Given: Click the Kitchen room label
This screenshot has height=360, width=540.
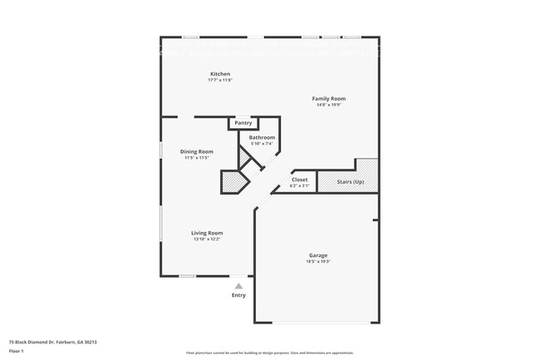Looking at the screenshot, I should pos(219,74).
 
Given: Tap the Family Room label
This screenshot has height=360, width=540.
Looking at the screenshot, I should pos(328,98).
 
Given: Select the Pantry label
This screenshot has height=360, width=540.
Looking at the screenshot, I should pos(243,123).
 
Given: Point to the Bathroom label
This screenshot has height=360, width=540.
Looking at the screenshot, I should pos(262,137).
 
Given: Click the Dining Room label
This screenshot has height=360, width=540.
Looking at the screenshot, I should pos(197,151).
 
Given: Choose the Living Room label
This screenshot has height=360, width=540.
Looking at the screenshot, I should pos(207,233).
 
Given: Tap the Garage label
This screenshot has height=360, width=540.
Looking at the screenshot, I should pos(318,255).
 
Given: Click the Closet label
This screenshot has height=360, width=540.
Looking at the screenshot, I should pos(299,180).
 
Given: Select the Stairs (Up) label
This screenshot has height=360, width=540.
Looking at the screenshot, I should pos(346,182).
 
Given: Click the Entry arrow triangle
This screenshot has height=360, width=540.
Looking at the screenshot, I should pos(238,286).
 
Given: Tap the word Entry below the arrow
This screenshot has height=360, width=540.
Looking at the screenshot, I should pos(238,295).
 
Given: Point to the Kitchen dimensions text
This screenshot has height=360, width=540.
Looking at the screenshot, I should pos(219,81).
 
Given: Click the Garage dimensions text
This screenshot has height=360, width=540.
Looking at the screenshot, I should pos(318,262).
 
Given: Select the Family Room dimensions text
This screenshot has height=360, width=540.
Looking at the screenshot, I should pos(328,105).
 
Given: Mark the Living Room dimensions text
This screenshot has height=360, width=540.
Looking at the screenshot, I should pos(207,239).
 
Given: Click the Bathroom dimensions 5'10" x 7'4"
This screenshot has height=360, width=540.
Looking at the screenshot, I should pos(262,144).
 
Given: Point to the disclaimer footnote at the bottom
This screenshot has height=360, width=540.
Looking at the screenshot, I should pos(269,353).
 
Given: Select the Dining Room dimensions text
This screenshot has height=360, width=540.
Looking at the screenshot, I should pos(197,158).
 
